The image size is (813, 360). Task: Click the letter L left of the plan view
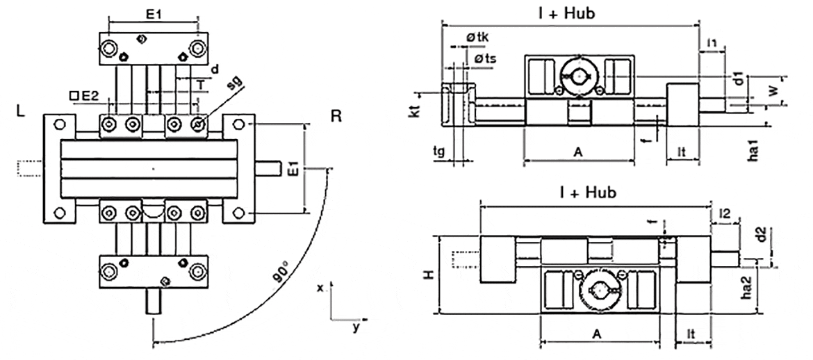[22, 111]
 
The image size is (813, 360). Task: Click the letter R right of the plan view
[336, 115]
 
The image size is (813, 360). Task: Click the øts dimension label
[485, 59]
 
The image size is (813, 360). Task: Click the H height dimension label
[431, 275]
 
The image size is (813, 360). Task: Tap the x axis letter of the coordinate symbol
[320, 287]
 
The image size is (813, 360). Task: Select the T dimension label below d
[200, 83]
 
